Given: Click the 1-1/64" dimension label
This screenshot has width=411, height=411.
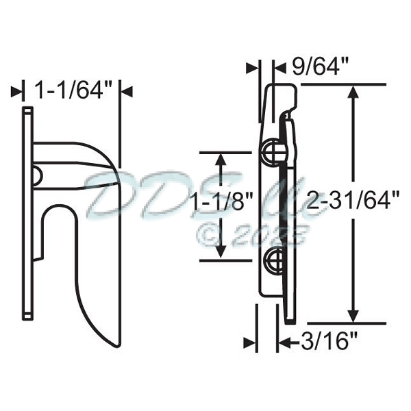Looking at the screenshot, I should point(73,90).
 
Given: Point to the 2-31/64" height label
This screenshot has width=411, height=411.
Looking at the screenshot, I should point(353,201).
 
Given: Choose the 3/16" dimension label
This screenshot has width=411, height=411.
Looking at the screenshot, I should point(328,340).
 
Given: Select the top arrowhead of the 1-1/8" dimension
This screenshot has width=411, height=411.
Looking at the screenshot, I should point(221,160).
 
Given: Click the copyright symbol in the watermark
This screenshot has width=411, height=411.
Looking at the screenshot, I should point(210,235).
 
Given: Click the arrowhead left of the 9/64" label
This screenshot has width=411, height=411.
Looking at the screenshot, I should point(255,67).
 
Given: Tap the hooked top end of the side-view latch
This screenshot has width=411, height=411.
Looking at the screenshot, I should point(281,95).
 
